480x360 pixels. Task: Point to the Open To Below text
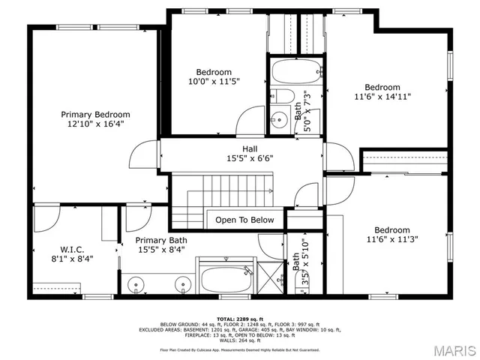[245, 220]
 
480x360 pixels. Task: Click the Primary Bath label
[161, 240]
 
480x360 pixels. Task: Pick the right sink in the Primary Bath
[182, 284]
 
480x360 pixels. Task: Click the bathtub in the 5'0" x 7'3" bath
[292, 73]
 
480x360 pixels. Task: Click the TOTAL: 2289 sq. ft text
[239, 318]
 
